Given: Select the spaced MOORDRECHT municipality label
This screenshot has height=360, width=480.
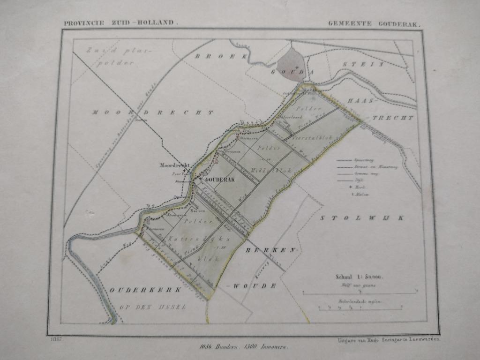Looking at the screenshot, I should point(153,112).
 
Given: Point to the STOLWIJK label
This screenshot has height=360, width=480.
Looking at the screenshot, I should point(362,218).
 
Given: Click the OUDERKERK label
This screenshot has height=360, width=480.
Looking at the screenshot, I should point(145,290).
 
